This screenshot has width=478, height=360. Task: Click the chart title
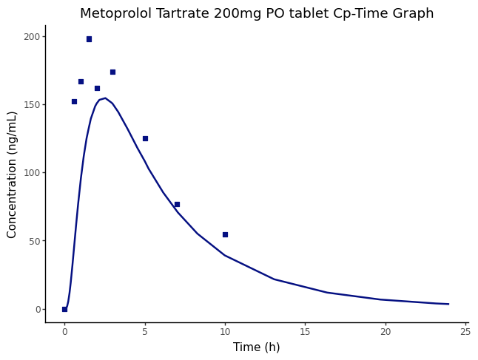257,14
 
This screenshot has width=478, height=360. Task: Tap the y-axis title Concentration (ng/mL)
13,174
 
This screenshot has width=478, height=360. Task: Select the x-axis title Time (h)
257,347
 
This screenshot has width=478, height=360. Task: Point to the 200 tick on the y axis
31,36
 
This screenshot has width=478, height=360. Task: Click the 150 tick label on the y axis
31,105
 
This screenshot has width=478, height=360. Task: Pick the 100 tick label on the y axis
31,173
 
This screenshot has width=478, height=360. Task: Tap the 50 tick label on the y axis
33,241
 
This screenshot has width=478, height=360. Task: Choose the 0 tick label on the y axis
36,309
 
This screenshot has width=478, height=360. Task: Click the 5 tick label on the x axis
145,333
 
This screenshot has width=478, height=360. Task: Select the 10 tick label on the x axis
225,333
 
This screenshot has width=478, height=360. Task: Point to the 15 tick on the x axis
305,333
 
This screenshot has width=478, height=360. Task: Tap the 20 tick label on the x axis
386,333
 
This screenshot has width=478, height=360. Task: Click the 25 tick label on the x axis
465,333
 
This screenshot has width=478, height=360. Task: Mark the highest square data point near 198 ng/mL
89,39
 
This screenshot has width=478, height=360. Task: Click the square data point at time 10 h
225,234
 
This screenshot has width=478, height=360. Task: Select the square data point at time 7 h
177,204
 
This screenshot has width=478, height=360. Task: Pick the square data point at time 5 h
145,138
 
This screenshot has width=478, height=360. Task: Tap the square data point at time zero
64,309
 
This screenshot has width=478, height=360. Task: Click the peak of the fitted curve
104,98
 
